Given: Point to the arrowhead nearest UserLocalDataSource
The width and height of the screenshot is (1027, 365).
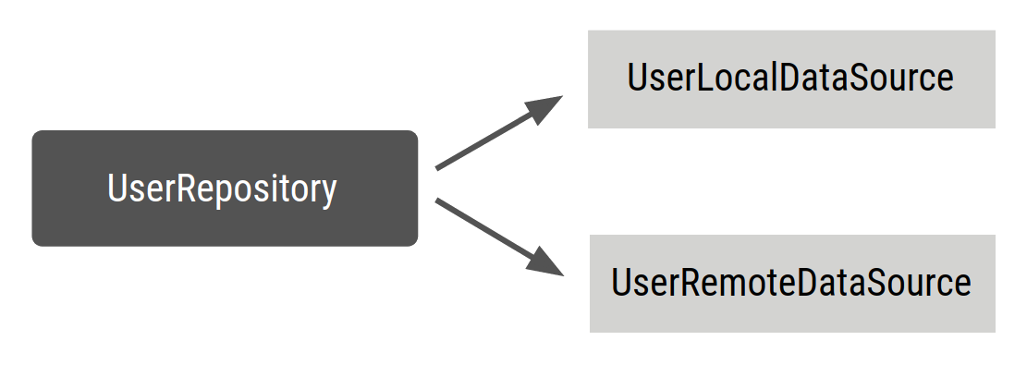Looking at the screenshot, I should coord(546,104).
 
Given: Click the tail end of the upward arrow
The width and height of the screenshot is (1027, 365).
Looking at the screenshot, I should coord(438,167).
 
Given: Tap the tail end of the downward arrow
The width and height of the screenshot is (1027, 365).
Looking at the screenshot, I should coord(438,201).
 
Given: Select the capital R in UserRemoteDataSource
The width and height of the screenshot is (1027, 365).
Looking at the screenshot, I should coord(691,283).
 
